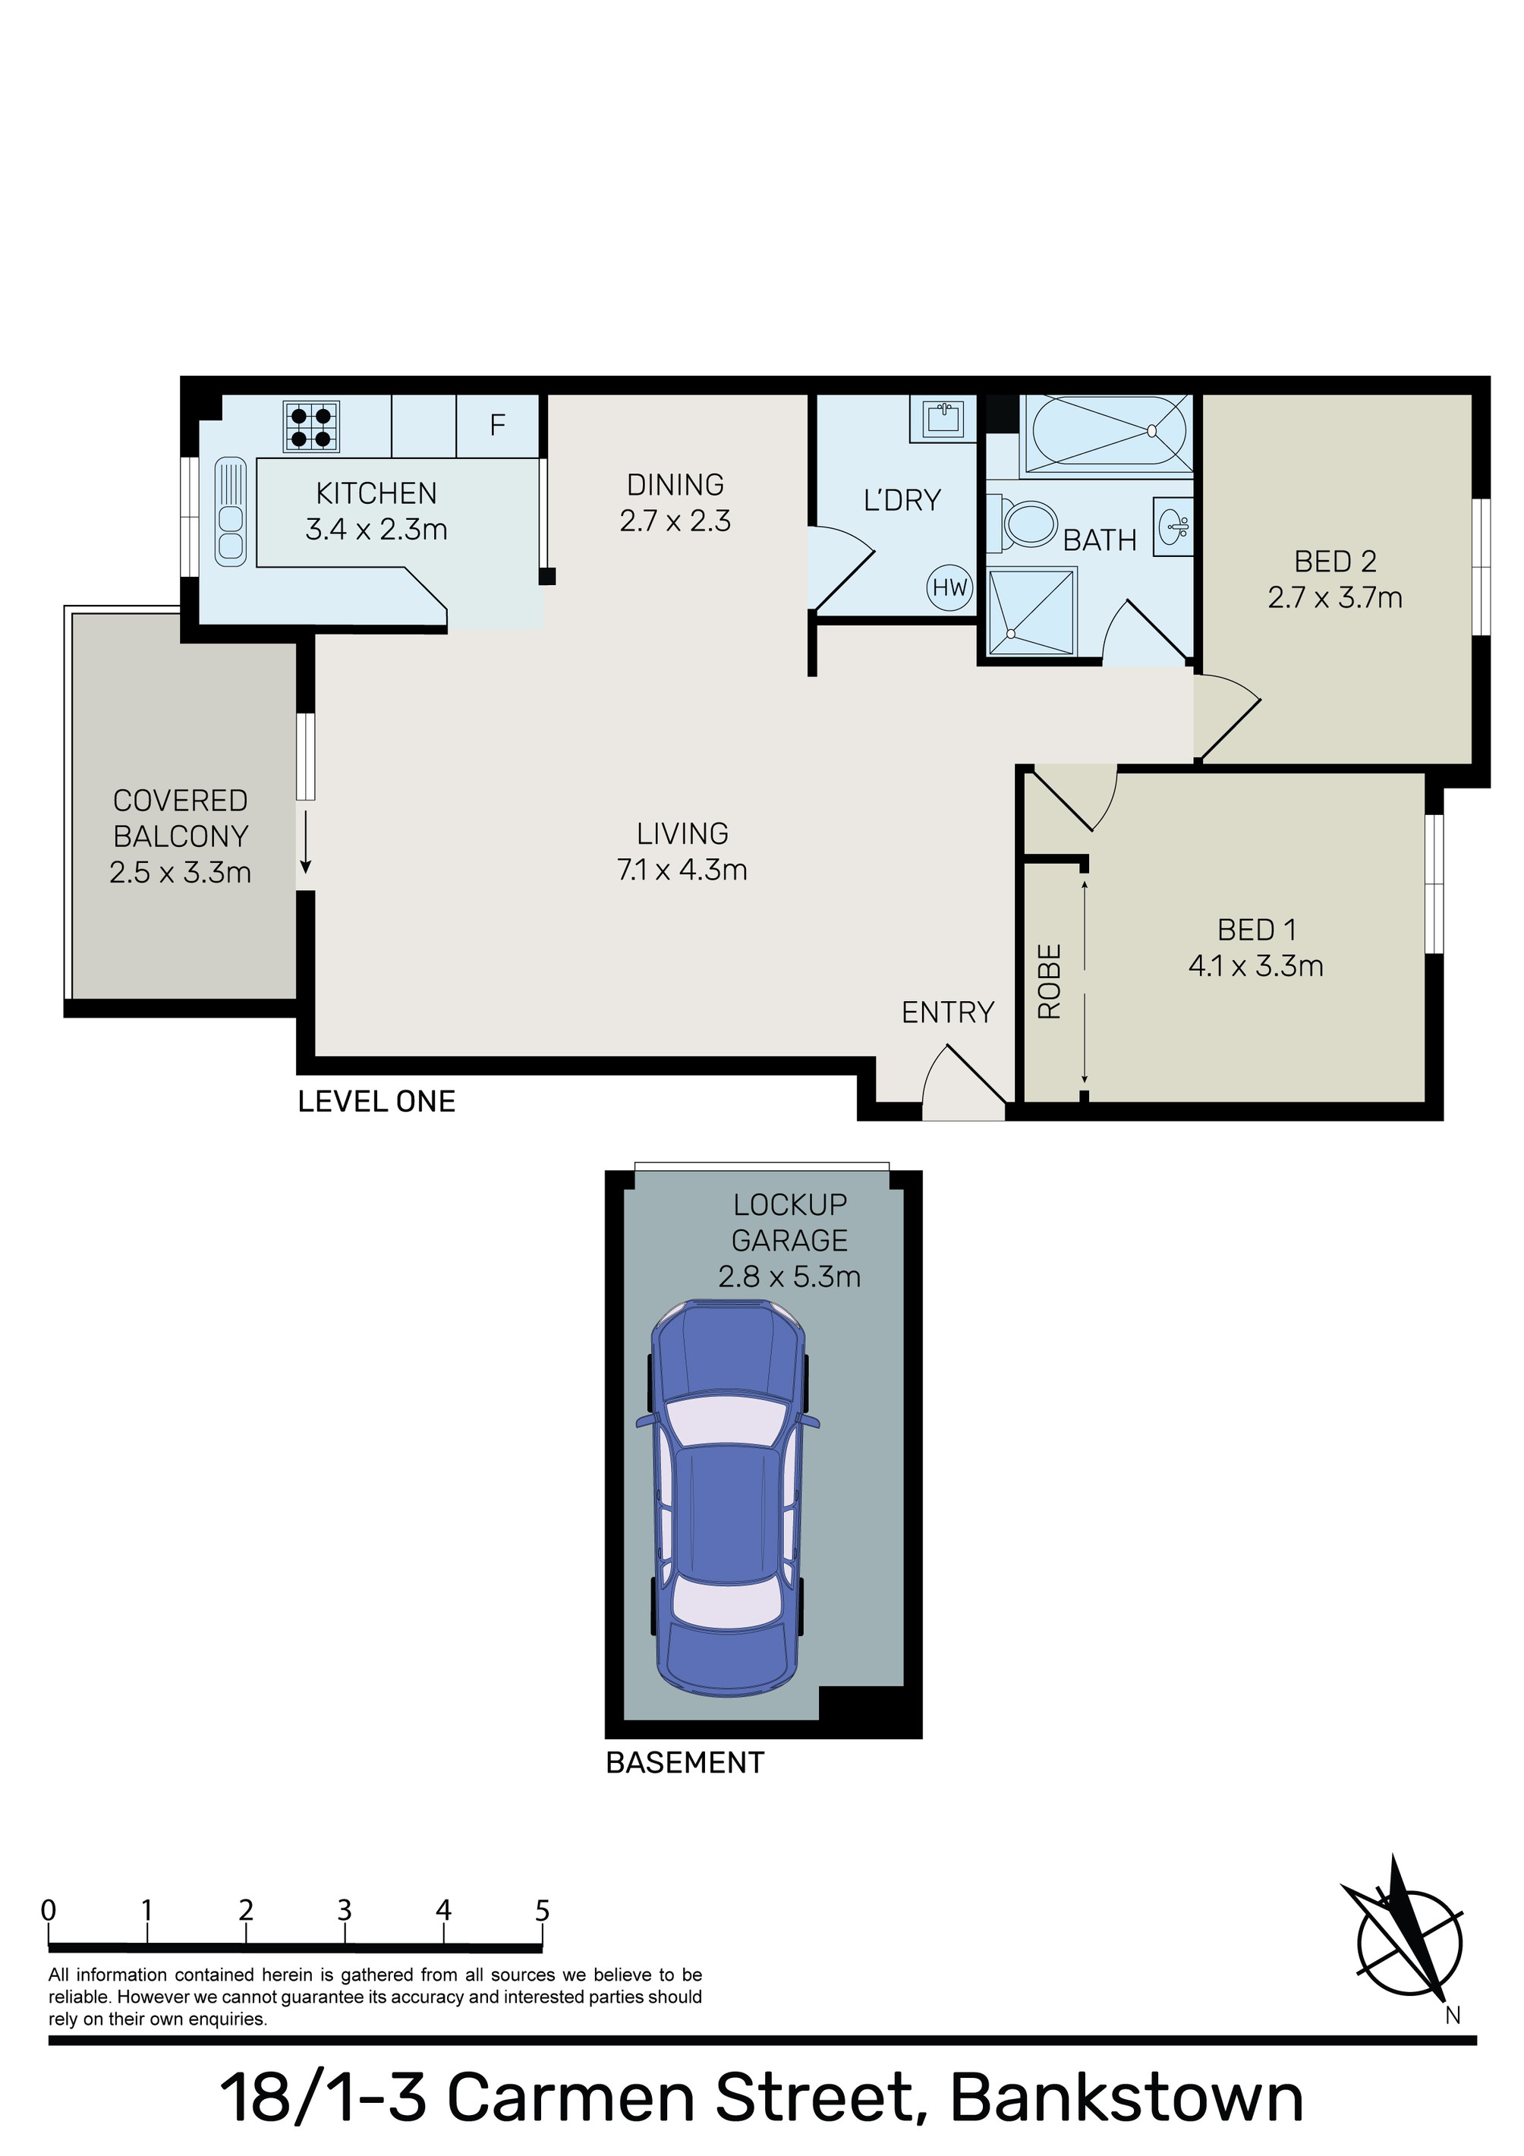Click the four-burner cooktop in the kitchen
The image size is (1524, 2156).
[x=311, y=426]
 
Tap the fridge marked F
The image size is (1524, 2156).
[x=498, y=426]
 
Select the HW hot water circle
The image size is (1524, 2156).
[x=949, y=588]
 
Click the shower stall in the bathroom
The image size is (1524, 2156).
[x=1030, y=612]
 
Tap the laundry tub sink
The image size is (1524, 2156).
[x=942, y=417]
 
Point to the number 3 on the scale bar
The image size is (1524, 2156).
[x=345, y=1910]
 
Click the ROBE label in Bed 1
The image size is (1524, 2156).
[x=1049, y=981]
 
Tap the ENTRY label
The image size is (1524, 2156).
[x=946, y=1012]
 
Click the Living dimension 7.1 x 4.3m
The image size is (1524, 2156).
[x=682, y=870]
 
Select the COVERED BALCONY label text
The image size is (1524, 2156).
[x=181, y=818]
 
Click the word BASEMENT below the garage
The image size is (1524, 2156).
[x=685, y=1763]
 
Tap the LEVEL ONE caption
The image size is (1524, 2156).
[x=376, y=1101]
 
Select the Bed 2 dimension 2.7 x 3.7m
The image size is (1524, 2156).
[x=1334, y=597]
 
